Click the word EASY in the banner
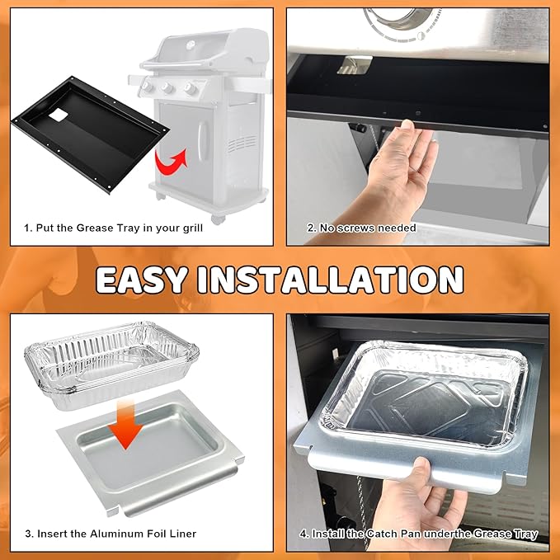click(x=142, y=280)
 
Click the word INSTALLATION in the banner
click(x=331, y=280)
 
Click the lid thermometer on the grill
click(x=191, y=45)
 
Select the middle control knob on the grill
click(x=167, y=88)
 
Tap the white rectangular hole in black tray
click(x=59, y=115)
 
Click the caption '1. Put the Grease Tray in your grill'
click(x=113, y=228)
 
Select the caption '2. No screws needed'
click(x=361, y=228)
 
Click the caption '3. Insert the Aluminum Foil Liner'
click(x=111, y=534)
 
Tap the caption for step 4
click(x=419, y=534)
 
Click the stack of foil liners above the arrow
click(x=111, y=365)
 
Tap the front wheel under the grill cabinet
click(x=217, y=219)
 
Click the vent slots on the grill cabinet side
click(x=242, y=144)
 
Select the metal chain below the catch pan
click(x=361, y=507)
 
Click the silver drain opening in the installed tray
click(x=355, y=65)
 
